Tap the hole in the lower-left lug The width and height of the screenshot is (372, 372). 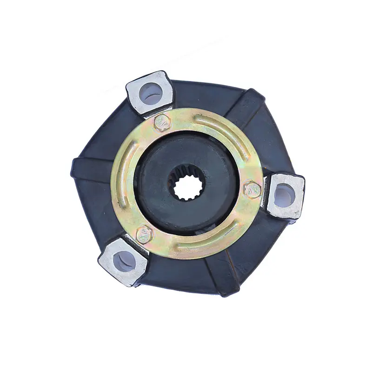tap(123, 262)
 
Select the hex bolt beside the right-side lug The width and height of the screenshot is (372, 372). tap(252, 189)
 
